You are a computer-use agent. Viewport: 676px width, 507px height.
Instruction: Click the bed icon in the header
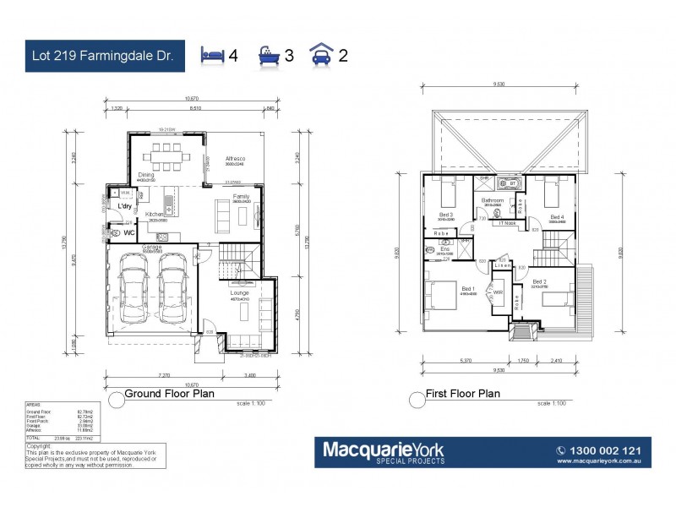[x=213, y=56]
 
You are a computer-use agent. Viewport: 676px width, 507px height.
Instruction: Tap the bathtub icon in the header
[x=269, y=56]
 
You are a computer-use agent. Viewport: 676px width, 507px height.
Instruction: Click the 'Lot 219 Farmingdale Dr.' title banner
[x=100, y=56]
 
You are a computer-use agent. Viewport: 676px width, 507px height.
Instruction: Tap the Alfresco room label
[x=235, y=158]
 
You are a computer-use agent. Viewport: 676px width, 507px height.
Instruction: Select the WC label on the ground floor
[x=130, y=231]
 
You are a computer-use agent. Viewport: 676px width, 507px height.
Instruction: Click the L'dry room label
[x=124, y=206]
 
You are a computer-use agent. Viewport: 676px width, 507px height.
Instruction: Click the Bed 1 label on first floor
[x=468, y=289]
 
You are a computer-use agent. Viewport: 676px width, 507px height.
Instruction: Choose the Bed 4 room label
[x=557, y=217]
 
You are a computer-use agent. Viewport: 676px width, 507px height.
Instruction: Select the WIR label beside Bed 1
[x=498, y=293]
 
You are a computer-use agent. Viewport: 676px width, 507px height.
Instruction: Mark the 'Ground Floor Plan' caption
[x=169, y=393]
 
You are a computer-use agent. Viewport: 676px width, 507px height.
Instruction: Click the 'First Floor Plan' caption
[x=464, y=394]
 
